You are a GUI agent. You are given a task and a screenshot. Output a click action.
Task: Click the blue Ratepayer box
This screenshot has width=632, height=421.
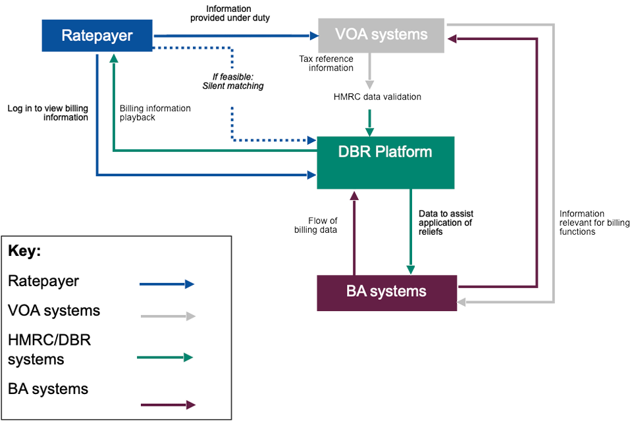click(97, 36)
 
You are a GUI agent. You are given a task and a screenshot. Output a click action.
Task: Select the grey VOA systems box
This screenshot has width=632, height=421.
click(382, 35)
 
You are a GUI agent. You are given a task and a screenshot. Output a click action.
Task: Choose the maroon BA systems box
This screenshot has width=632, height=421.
click(386, 292)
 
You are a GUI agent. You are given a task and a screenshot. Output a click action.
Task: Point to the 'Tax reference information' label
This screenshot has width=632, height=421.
click(327, 64)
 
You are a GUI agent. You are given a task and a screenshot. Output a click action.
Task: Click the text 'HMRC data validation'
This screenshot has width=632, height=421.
click(377, 97)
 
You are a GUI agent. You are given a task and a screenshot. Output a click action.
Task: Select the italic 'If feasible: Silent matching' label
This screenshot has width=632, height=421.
click(233, 82)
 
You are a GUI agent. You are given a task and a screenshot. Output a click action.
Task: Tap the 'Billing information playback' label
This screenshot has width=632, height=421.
click(155, 113)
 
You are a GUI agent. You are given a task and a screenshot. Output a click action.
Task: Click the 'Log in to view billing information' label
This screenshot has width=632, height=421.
click(48, 112)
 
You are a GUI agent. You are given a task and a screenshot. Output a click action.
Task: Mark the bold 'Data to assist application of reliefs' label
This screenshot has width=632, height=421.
click(446, 223)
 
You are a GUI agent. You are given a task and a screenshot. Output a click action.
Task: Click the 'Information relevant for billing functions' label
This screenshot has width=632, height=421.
click(594, 223)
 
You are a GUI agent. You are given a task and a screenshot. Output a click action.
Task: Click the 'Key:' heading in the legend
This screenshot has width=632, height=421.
click(24, 251)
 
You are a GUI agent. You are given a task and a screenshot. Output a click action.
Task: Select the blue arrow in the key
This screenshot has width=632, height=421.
click(167, 284)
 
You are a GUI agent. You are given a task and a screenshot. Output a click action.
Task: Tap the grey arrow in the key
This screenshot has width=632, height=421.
click(168, 316)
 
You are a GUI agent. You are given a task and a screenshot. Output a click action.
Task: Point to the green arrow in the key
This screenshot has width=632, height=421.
click(165, 358)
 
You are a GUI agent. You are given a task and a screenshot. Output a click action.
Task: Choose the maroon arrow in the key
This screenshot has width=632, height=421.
click(168, 405)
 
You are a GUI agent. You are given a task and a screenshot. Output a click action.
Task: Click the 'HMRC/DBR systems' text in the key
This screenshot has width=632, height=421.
click(49, 350)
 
